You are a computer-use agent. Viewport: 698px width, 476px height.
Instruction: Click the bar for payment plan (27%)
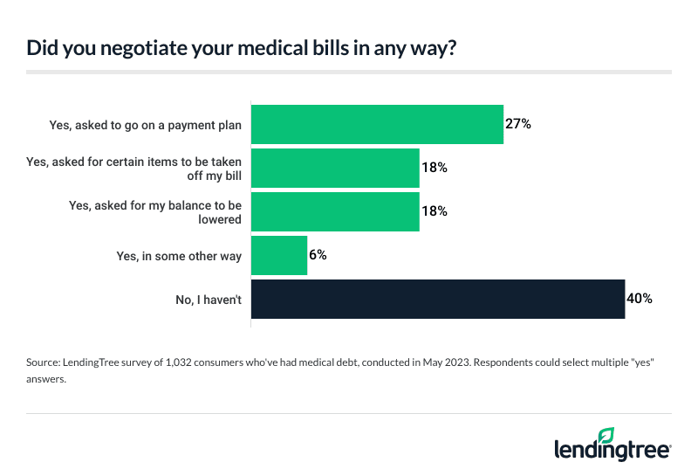[377, 124]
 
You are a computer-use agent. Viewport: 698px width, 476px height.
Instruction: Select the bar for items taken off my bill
[335, 168]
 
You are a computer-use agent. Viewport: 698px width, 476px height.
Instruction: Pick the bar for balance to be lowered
[335, 211]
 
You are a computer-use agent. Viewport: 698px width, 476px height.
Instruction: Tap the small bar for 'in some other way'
[279, 255]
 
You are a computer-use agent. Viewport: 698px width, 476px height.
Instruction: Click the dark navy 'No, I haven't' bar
[438, 299]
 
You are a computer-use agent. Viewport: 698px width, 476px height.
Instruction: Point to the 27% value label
[518, 124]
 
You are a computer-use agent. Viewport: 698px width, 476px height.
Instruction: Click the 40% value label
[640, 299]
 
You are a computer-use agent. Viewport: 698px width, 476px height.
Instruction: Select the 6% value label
[318, 255]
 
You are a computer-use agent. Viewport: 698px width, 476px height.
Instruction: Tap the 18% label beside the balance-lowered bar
[435, 211]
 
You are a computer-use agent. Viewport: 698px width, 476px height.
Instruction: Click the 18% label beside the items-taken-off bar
[435, 168]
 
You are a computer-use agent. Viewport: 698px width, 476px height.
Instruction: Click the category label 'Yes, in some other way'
[181, 255]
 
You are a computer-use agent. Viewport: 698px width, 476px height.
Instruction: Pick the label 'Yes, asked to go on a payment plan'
[146, 124]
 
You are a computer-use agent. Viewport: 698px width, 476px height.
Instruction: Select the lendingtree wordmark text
[612, 449]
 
